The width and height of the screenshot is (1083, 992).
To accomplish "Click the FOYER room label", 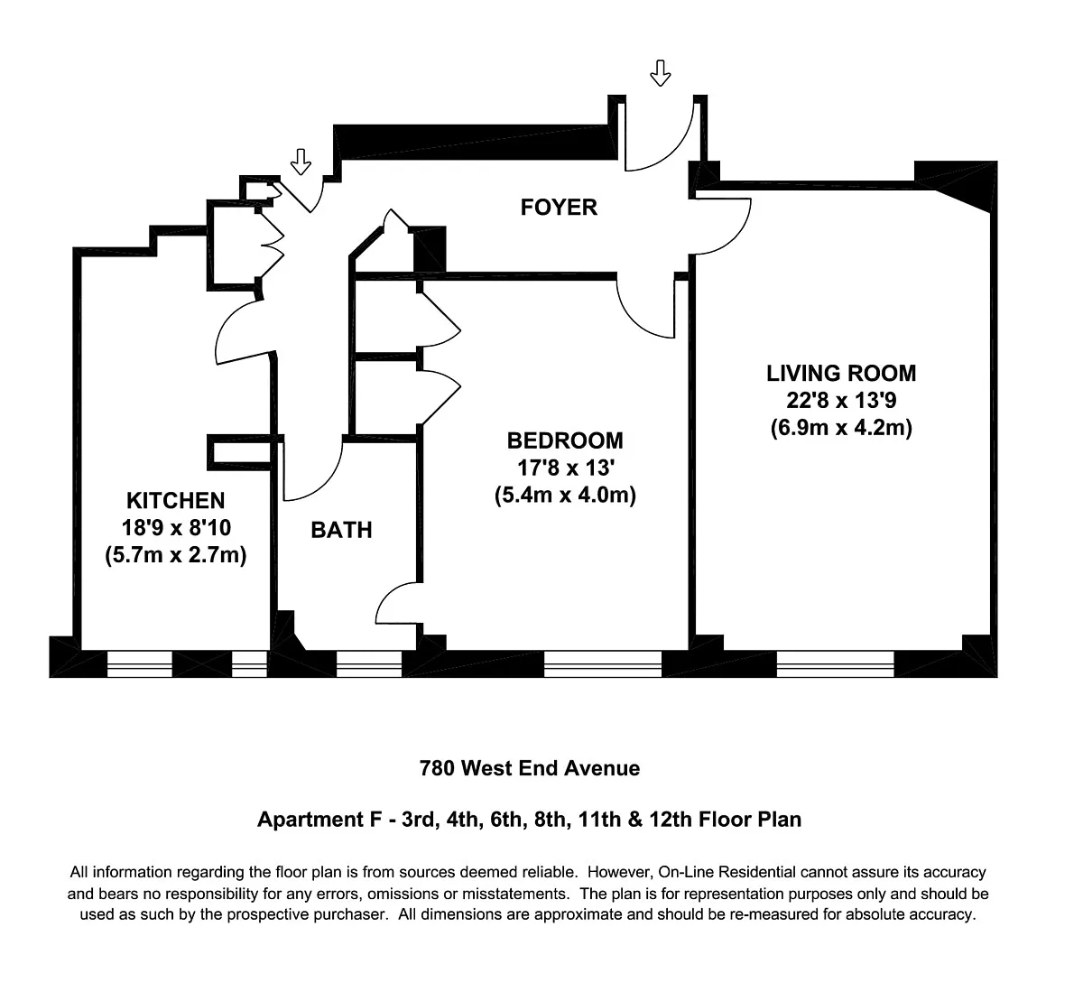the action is tap(559, 208).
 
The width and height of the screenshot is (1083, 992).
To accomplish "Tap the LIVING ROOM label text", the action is tap(841, 373).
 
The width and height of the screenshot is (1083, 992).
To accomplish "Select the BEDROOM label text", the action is tap(565, 440).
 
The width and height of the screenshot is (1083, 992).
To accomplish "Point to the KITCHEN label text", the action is tap(175, 501).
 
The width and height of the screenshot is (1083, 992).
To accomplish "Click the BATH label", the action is tap(341, 530).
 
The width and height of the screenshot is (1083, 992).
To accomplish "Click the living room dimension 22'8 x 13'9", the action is tap(841, 400).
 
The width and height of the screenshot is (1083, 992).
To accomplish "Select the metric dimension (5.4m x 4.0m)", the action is tap(565, 495).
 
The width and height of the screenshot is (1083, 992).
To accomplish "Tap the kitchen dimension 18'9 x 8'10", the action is tap(176, 527).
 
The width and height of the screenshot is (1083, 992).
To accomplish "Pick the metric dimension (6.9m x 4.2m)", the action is tap(841, 428).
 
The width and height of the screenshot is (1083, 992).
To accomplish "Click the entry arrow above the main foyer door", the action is tap(661, 73).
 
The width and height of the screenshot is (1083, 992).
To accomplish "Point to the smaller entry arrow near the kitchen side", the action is tap(301, 162).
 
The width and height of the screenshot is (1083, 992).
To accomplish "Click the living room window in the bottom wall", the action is tap(835, 663).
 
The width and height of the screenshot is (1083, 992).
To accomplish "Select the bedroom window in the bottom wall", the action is tap(603, 663).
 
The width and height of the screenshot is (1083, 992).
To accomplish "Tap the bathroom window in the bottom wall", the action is tap(369, 663).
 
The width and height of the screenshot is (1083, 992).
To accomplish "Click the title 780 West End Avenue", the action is tap(530, 768).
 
